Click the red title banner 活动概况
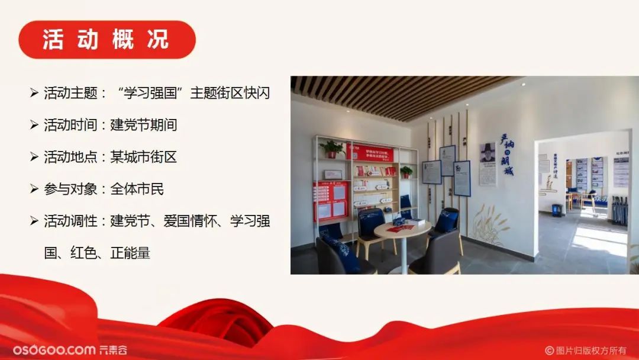106,40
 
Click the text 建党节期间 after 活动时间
144,125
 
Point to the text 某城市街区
144,157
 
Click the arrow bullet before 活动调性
34,221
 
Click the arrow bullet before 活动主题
34,93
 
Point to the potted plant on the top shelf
332,148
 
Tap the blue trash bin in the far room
557,210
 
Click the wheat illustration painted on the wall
488,224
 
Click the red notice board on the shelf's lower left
330,201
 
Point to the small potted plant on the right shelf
406,172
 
